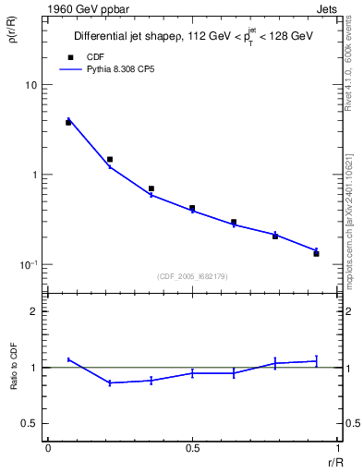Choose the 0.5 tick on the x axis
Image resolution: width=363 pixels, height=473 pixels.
192,448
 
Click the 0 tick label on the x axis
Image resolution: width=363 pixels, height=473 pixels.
48,448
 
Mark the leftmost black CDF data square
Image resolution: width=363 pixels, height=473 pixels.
68,122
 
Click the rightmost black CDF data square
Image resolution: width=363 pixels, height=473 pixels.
316,253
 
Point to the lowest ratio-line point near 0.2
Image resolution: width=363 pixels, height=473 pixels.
110,382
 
